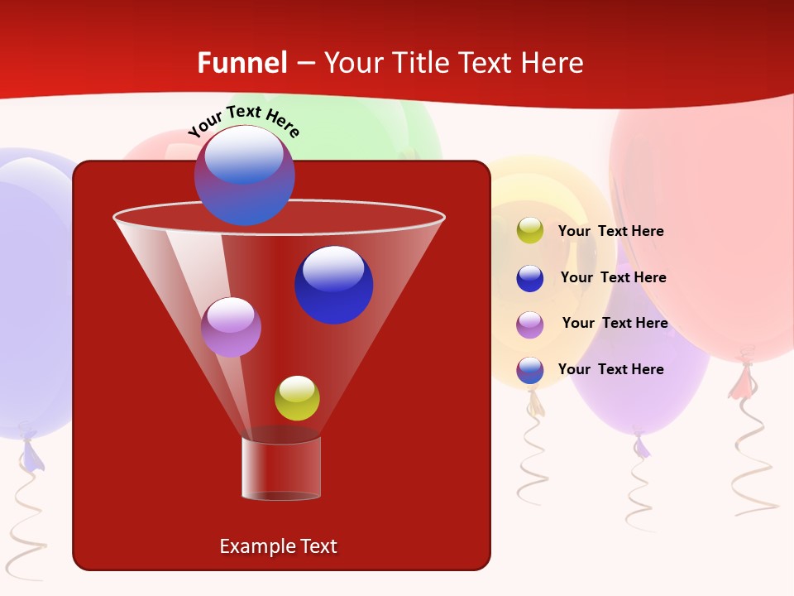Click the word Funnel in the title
pos(242,63)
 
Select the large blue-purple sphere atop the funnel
pos(244,175)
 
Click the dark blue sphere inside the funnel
pos(333,284)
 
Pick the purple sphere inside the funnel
pos(231,327)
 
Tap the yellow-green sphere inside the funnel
pos(297,398)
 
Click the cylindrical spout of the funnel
pos(281,469)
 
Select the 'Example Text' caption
pos(278,546)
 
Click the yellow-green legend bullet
pos(530,231)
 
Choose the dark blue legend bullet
pos(530,278)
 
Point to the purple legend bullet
pos(530,324)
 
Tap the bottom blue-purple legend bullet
pos(530,370)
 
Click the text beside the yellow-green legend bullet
pos(610,232)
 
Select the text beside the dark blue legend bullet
pos(613,278)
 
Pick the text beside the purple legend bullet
pos(615,324)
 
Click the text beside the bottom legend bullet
pos(610,370)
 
